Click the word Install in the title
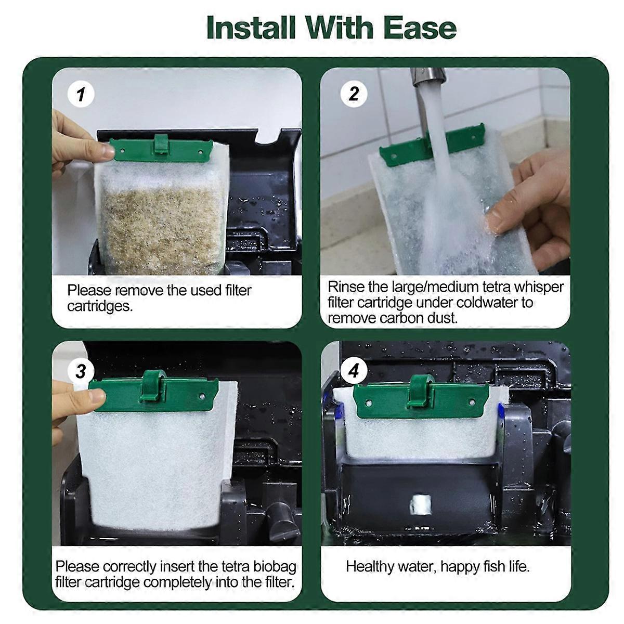[x=251, y=28]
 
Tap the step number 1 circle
[x=81, y=94]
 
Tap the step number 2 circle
[x=354, y=94]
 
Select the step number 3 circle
[x=81, y=371]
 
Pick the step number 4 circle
[x=354, y=371]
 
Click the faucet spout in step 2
[x=427, y=80]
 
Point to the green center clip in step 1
[x=161, y=143]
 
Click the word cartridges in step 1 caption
[x=100, y=306]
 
